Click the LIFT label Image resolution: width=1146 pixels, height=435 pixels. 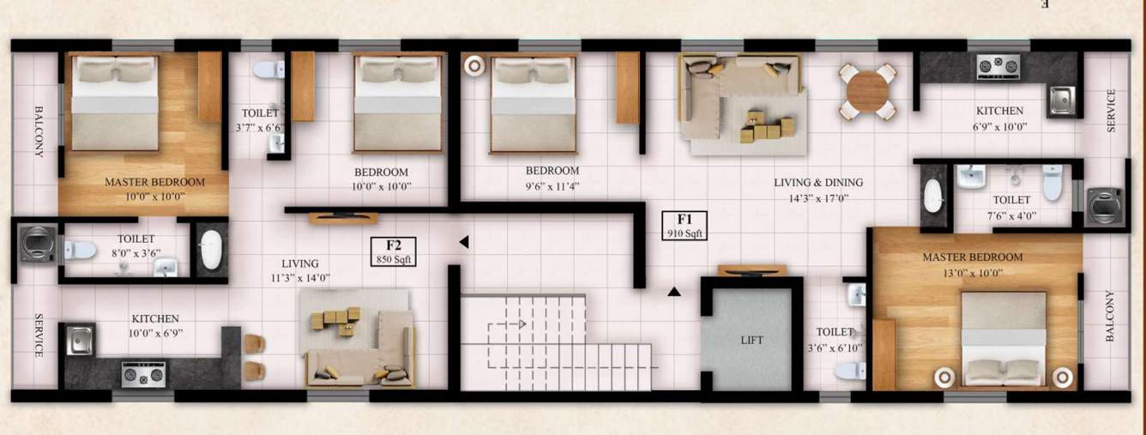(x=751, y=341)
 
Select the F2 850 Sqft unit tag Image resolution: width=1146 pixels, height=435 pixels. (x=394, y=251)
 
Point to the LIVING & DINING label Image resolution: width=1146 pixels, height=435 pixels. (x=818, y=183)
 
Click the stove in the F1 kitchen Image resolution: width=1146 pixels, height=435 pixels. (x=998, y=65)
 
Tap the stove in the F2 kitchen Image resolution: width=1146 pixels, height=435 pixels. (x=142, y=374)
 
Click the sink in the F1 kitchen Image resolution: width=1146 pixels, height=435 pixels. (x=1061, y=100)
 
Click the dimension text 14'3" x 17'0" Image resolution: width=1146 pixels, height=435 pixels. (x=818, y=198)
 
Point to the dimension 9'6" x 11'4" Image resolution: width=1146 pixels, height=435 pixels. (x=552, y=185)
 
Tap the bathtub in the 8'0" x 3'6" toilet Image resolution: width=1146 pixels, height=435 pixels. (x=210, y=250)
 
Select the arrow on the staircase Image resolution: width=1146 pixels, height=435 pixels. (x=520, y=323)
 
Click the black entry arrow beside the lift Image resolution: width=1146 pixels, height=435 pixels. (x=674, y=292)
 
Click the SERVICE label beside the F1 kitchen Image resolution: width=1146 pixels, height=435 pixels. (x=1111, y=111)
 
